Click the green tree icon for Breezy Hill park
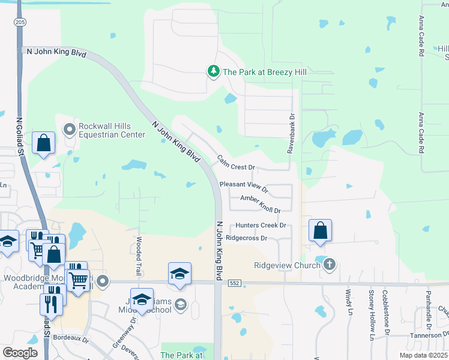213,72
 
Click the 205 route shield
20,22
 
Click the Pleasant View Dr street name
244,187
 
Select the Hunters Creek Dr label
261,226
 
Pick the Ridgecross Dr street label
246,238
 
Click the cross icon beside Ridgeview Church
328,264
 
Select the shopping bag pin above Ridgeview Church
321,230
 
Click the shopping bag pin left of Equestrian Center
44,143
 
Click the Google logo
20,353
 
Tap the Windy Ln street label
348,301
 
